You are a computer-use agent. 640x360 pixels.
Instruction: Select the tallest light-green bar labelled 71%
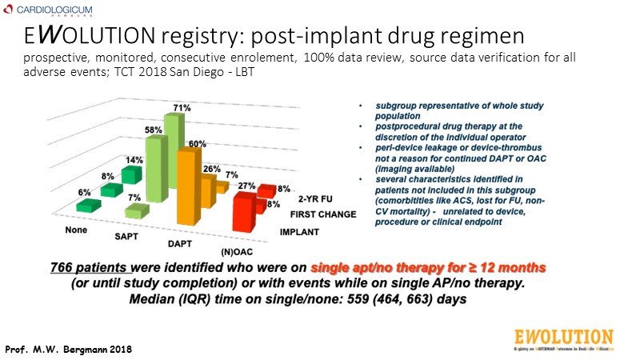coord(174,152)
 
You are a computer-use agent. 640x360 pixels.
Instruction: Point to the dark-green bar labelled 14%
coord(130,174)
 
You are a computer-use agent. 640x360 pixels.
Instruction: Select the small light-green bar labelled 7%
coord(137,211)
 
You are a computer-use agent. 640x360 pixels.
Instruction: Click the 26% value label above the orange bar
coord(212,169)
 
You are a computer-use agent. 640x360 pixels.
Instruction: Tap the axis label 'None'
coord(76,230)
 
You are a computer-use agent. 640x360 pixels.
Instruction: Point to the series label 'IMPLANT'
coord(299,233)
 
